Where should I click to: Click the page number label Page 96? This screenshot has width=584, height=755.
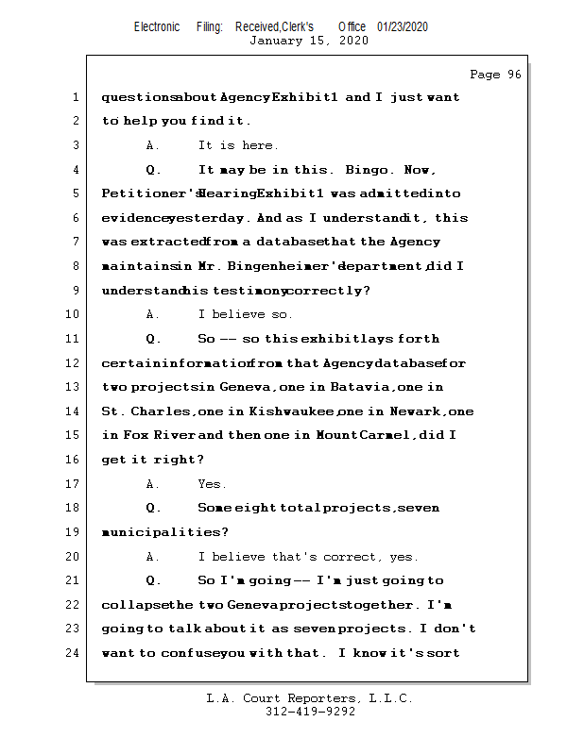click(495, 75)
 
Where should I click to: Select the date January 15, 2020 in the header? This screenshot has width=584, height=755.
click(308, 41)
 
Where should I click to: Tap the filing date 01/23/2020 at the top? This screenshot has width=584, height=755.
click(403, 26)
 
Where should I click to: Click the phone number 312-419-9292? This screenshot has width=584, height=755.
click(310, 713)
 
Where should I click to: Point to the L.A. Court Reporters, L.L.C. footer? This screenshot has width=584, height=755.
click(310, 698)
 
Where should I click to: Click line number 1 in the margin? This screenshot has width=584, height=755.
click(75, 97)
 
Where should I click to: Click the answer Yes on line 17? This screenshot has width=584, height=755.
click(212, 484)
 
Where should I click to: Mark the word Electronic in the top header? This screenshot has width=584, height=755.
click(157, 26)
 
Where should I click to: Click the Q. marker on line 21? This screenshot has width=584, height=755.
click(154, 580)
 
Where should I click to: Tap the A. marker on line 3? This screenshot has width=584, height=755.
click(154, 145)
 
